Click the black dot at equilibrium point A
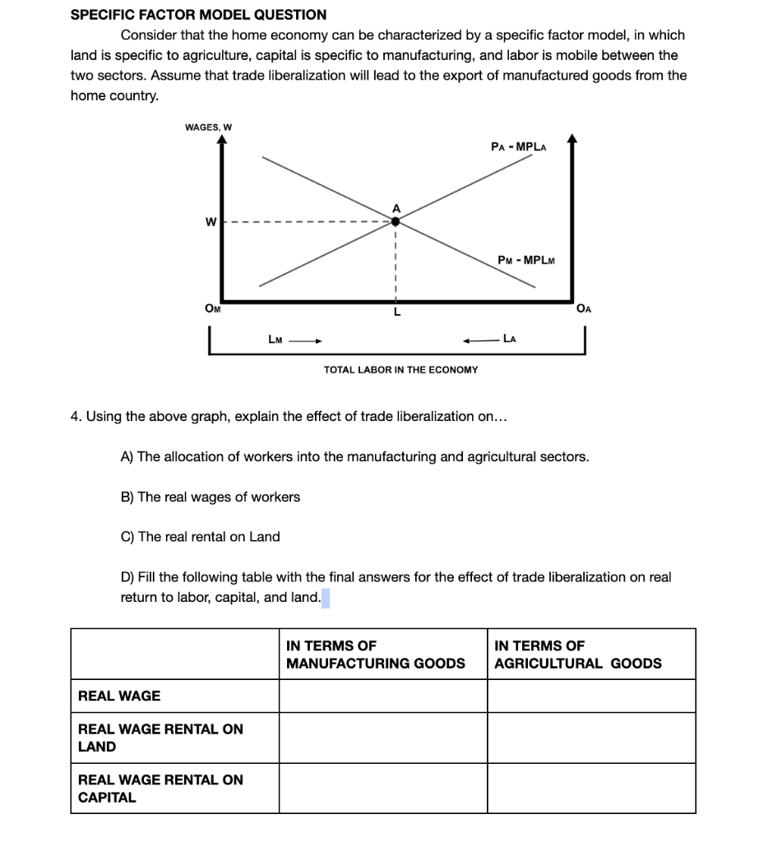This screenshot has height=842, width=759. tap(396, 221)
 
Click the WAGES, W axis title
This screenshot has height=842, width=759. tap(208, 127)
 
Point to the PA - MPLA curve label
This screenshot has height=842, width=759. tap(518, 147)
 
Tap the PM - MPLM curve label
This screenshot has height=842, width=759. tap(526, 261)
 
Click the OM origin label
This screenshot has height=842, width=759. tap(212, 308)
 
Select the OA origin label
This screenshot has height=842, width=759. tap(584, 309)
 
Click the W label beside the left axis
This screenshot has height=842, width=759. tap(211, 222)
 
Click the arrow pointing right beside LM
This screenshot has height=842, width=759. tap(306, 339)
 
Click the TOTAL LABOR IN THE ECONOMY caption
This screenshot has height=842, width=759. tap(400, 370)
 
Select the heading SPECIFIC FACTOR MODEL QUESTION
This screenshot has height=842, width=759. tap(198, 15)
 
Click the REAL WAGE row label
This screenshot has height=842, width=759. tap(119, 696)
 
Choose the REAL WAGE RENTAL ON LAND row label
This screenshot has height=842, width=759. tap(160, 738)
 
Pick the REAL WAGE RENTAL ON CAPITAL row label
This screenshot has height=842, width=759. tap(160, 789)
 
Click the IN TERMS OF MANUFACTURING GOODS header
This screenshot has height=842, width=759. tap(375, 655)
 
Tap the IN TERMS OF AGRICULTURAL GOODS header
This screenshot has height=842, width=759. tap(577, 655)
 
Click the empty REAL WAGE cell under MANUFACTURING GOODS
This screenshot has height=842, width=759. tap(382, 696)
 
